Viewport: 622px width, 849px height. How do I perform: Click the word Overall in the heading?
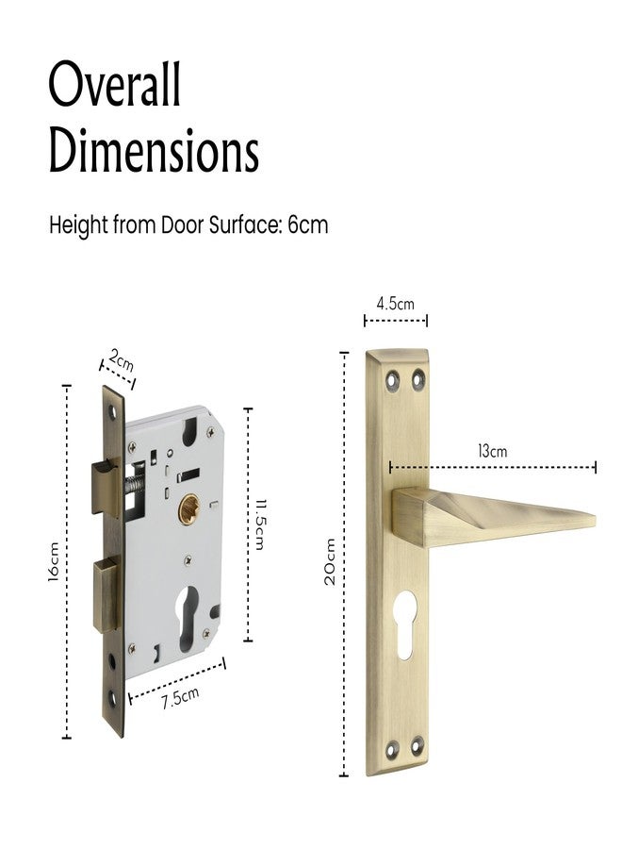click(115, 85)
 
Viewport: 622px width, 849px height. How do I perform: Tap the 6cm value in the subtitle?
click(308, 225)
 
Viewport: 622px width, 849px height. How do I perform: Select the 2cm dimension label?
click(122, 359)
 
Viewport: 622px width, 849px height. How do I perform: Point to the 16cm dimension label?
click(54, 561)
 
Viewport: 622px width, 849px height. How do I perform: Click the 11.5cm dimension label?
click(259, 524)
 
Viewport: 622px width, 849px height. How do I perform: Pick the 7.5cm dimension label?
click(180, 697)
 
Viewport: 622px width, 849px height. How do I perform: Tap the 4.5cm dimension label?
click(396, 304)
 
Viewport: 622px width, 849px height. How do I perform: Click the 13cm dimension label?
click(492, 451)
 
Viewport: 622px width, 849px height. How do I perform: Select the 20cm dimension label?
click(330, 561)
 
